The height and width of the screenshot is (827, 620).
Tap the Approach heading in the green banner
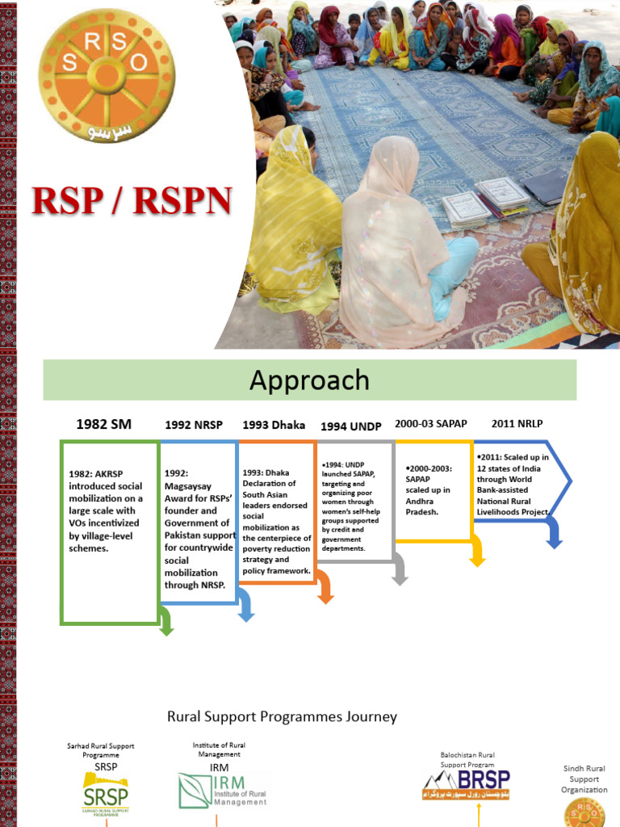pos(309,380)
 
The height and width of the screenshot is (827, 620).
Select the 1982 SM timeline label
pos(103,424)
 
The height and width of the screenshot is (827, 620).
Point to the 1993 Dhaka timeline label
pos(274,425)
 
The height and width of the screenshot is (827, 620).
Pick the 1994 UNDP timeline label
pos(351,426)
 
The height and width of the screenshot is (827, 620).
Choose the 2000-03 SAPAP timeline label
pos(431,424)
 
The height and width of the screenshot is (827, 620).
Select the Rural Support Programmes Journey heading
pos(282,716)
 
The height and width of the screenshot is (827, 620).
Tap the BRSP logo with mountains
pos(467,783)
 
